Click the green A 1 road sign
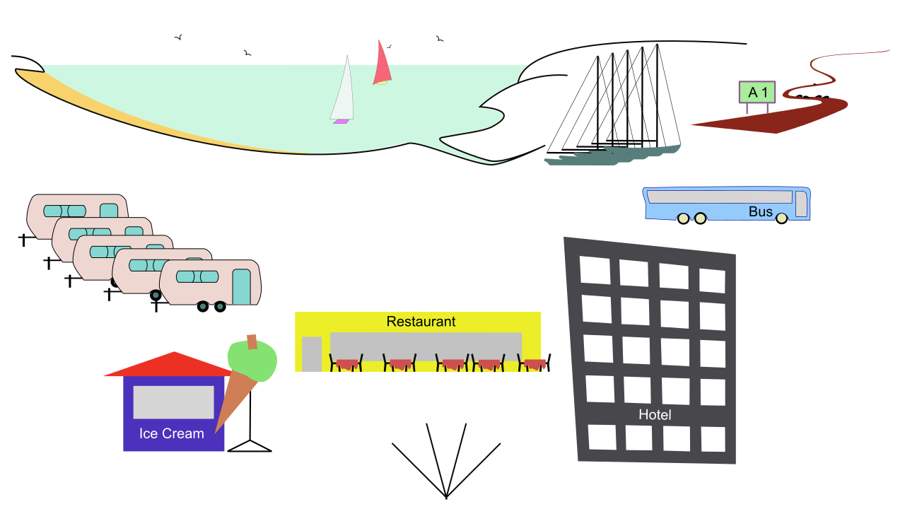[757, 93]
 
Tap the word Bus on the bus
[761, 211]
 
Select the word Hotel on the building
[655, 414]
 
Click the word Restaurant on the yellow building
[421, 322]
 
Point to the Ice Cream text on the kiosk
[172, 433]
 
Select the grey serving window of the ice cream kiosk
[173, 402]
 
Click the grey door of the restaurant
[311, 353]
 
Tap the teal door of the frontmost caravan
[241, 286]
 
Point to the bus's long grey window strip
[719, 197]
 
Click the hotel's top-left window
[595, 270]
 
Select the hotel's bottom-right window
[713, 439]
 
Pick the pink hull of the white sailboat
[341, 122]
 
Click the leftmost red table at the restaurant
[346, 364]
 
